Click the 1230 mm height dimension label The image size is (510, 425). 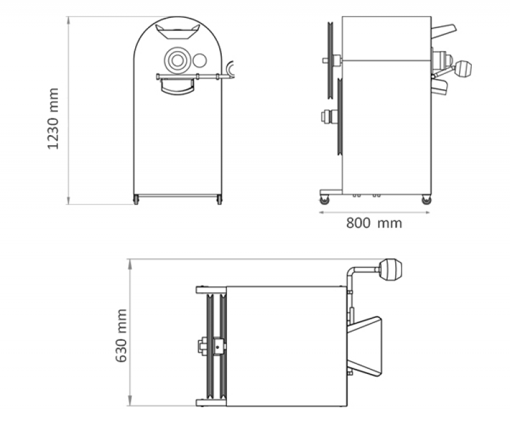point(53,119)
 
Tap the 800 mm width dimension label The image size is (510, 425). point(374,223)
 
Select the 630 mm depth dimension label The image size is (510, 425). point(121,336)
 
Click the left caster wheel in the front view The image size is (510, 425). point(136,199)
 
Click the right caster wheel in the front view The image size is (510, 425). point(219,199)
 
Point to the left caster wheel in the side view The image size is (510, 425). point(324,200)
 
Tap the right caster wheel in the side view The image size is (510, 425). point(426,200)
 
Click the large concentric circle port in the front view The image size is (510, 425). point(177,61)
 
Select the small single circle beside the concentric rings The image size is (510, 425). point(200,61)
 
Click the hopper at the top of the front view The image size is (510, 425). point(177,31)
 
